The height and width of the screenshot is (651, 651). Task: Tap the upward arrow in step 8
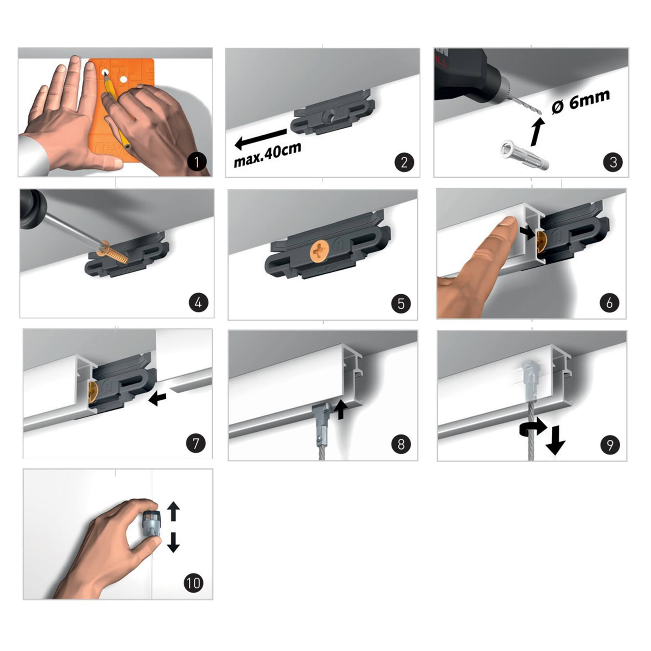(341, 409)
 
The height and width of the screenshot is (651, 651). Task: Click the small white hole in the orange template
(124, 80)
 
